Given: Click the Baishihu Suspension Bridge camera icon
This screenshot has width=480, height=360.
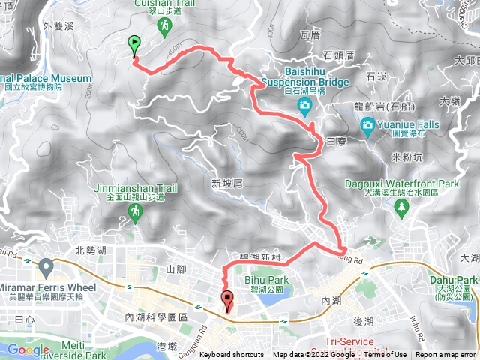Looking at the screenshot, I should tap(304, 104).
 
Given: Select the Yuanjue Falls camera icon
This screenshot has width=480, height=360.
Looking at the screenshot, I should tap(368, 123).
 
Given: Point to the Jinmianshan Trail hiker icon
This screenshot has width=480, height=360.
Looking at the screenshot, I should tap(135, 214).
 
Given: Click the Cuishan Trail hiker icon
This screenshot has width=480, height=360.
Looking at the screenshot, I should tap(163, 26).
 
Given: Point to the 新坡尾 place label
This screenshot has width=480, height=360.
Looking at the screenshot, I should tap(225, 183).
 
